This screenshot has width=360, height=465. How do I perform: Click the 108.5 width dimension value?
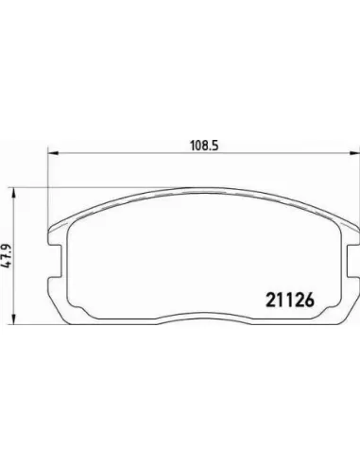204,146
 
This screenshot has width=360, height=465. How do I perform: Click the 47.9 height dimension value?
8,256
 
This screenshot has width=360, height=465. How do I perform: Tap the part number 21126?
290,300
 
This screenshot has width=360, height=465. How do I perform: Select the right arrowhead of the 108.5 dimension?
354,153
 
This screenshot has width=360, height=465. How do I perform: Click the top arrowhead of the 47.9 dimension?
13,193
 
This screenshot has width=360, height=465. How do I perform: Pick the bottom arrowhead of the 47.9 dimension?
13,319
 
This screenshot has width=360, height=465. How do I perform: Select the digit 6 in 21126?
310,300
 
